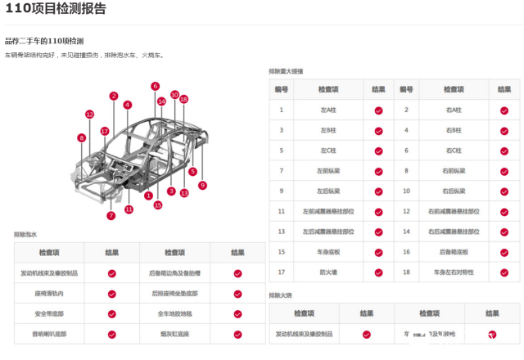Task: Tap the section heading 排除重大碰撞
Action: [x=286, y=71]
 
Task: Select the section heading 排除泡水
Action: [x=25, y=234]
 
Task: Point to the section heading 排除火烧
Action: [x=281, y=295]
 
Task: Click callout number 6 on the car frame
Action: [x=155, y=86]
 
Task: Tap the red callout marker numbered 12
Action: [x=89, y=115]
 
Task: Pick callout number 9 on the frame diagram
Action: [x=202, y=185]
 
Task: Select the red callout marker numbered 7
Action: [x=111, y=216]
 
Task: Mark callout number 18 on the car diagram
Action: [x=183, y=99]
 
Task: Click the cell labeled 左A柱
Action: [x=328, y=110]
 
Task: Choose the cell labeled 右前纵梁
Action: [x=453, y=170]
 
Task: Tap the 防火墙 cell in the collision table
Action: [x=328, y=272]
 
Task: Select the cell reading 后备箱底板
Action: [x=453, y=252]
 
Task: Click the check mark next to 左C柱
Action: [x=378, y=151]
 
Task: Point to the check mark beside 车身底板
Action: [x=378, y=252]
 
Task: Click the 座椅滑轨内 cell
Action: [x=49, y=293]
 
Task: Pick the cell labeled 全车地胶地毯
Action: [x=174, y=313]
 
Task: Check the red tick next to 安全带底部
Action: [x=112, y=313]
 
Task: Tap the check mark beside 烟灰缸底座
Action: [x=237, y=334]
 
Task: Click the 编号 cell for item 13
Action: [x=281, y=232]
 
